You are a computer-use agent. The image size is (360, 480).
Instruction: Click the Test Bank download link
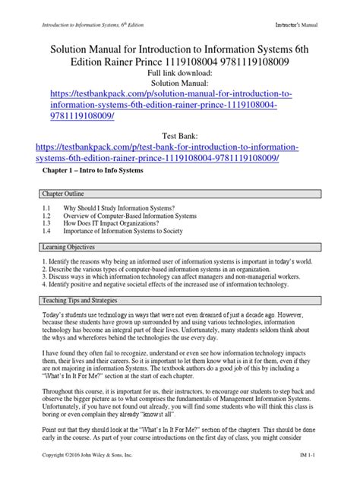[180, 151]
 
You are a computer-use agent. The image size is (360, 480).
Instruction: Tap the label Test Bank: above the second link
[180, 131]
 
